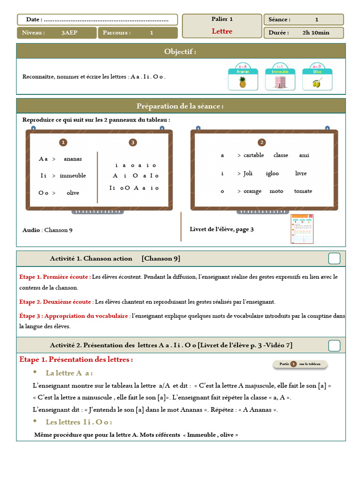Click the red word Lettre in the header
[222, 31]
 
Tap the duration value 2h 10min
[316, 33]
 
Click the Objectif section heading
[181, 51]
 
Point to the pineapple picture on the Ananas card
[243, 83]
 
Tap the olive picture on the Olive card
[317, 83]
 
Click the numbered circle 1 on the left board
[63, 142]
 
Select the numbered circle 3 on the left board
[133, 142]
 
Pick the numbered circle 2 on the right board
[262, 142]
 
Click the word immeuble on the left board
[73, 176]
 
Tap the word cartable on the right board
[254, 155]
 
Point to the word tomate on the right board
[303, 191]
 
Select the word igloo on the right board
[272, 173]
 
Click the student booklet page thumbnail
[302, 229]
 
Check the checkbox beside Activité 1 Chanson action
[334, 258]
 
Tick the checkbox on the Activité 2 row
[334, 345]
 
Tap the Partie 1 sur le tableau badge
[300, 364]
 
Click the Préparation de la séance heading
[181, 106]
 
